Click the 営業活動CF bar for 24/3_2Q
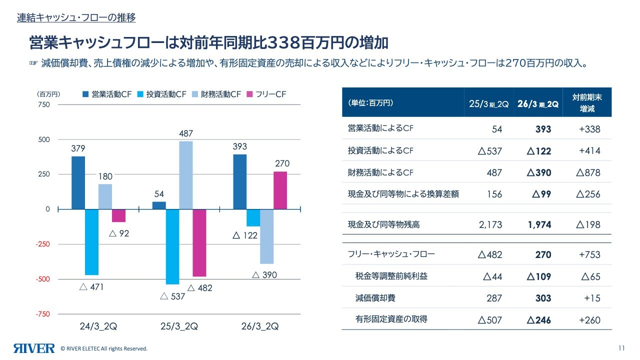pyautogui.click(x=78, y=183)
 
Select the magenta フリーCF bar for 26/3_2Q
pyautogui.click(x=280, y=190)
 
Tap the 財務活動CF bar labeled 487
pyautogui.click(x=185, y=175)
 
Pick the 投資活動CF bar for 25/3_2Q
pyautogui.click(x=172, y=246)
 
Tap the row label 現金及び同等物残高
pyautogui.click(x=383, y=225)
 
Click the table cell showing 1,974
pyautogui.click(x=539, y=225)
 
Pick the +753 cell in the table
pyautogui.click(x=589, y=254)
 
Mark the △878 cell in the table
pyautogui.click(x=588, y=173)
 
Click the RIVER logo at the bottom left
pyautogui.click(x=34, y=348)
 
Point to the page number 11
pyautogui.click(x=621, y=348)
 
